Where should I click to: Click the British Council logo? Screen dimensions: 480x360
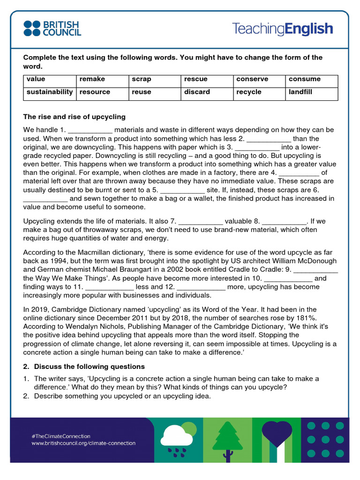coord(52,28)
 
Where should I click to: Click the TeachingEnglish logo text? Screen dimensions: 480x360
coord(282,29)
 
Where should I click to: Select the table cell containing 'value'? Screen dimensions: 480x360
coord(50,79)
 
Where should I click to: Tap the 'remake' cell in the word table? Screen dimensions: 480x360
coord(102,79)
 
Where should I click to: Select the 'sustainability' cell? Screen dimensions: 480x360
coord(50,92)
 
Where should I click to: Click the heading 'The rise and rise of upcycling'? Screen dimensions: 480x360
coord(75,117)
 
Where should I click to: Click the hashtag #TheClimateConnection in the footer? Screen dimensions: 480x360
coord(61,435)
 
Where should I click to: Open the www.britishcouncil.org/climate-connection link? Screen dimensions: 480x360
coord(83,443)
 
